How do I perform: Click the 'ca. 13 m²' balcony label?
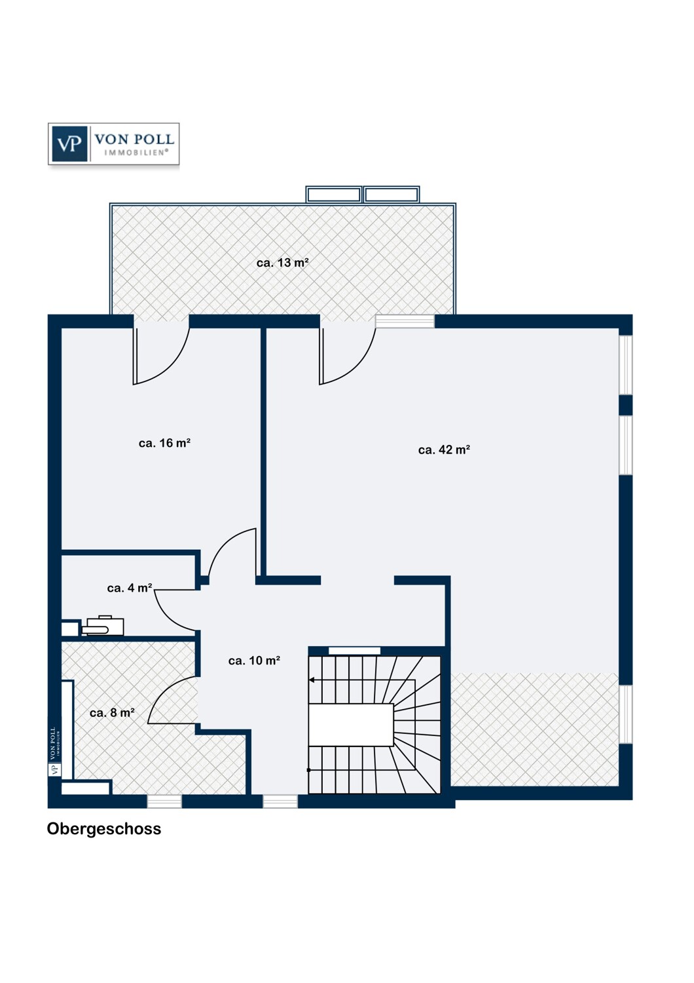click(x=282, y=263)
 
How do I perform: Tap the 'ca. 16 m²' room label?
click(x=164, y=443)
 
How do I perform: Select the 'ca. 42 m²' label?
click(x=444, y=450)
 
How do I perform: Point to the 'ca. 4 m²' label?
click(x=130, y=588)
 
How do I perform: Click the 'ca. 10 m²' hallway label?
click(x=254, y=661)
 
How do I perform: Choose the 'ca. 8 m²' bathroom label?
click(x=112, y=713)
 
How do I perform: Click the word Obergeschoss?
click(x=104, y=829)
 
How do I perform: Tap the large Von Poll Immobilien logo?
click(x=113, y=144)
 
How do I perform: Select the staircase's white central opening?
click(x=351, y=725)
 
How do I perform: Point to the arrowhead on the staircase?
click(x=312, y=680)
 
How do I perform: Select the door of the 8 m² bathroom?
click(x=173, y=701)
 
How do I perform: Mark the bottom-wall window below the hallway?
click(x=280, y=801)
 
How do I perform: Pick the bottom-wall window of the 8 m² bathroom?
click(x=164, y=801)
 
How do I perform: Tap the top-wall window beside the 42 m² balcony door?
click(x=405, y=321)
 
